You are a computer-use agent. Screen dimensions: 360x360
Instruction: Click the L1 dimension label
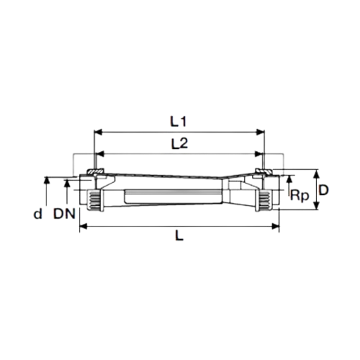click(178, 122)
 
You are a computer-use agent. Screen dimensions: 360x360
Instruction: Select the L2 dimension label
click(179, 143)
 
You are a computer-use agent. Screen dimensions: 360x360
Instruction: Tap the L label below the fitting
click(179, 235)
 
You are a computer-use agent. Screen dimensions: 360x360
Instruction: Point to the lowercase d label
click(37, 213)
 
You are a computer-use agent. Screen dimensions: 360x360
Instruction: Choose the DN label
click(64, 214)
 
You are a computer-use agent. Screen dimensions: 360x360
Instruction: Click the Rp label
click(300, 196)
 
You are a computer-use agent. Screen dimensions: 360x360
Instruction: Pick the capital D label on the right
click(323, 190)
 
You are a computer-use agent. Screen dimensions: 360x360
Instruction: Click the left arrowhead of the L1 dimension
click(98, 132)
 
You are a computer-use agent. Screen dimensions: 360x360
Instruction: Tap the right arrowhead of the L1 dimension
click(260, 132)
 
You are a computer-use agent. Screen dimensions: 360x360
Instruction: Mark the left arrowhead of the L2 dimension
click(99, 154)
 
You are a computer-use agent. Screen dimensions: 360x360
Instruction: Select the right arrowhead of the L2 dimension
click(258, 154)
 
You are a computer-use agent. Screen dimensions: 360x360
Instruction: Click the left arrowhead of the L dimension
click(84, 226)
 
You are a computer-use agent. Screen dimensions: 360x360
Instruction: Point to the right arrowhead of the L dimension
click(275, 226)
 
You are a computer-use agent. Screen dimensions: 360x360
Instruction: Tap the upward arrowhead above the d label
click(47, 181)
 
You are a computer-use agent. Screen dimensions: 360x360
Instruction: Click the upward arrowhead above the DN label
click(67, 183)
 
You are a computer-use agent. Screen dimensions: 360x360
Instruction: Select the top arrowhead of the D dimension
click(317, 174)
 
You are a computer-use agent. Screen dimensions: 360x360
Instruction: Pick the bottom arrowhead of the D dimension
click(317, 205)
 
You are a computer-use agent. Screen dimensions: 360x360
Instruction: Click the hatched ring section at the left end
click(95, 171)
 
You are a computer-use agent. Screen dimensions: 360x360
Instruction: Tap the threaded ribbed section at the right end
click(266, 201)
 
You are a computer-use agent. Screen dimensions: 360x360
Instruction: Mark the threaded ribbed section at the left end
click(94, 201)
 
